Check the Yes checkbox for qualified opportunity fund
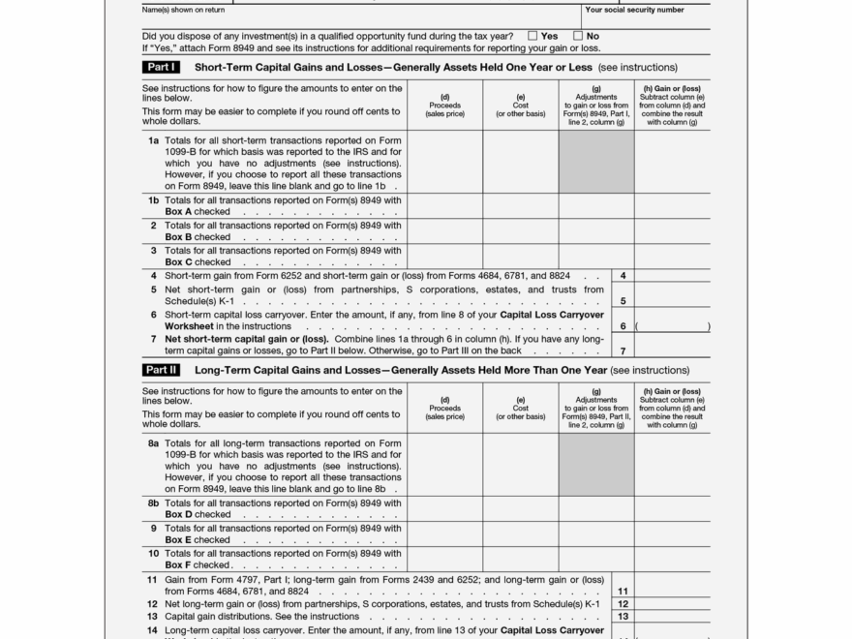[532, 36]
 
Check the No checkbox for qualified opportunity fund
[578, 36]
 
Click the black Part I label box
[161, 68]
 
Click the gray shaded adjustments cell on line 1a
[596, 162]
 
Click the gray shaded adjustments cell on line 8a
[596, 465]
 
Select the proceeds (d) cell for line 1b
[445, 205]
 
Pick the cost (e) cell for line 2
[521, 230]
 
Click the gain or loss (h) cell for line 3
[673, 256]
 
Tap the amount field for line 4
[673, 276]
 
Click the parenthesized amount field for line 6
[673, 325]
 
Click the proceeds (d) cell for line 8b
[445, 508]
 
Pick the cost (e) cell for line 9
[521, 533]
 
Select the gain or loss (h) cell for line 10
[673, 559]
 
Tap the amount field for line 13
[673, 616]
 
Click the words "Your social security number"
[634, 11]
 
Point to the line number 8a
[153, 443]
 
